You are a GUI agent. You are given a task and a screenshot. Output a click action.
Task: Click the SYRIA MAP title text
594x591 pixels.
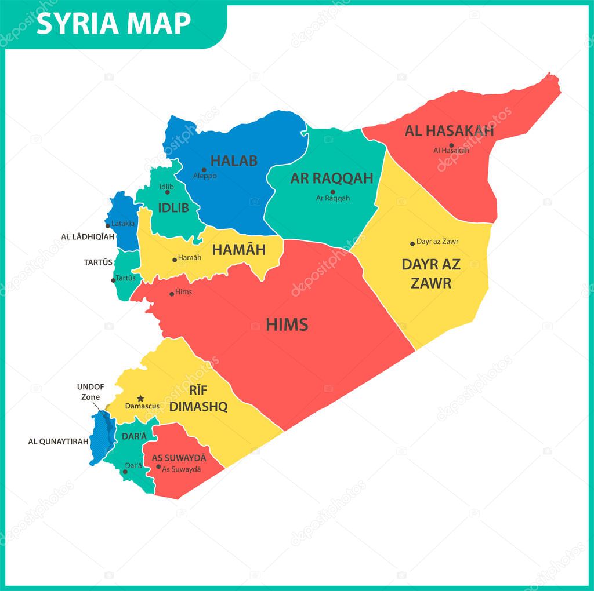tap(114, 23)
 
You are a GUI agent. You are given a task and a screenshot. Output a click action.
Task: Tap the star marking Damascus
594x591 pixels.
tap(140, 399)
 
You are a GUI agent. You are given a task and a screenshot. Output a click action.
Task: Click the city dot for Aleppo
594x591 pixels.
tap(204, 170)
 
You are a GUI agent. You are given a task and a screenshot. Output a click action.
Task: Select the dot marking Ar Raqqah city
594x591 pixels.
tap(333, 192)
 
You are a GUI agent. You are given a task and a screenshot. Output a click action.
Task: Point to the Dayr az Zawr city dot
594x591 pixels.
tap(412, 243)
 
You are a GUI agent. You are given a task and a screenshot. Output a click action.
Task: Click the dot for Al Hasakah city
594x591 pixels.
tap(451, 145)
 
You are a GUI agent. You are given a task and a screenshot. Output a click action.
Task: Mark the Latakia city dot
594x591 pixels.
tap(108, 225)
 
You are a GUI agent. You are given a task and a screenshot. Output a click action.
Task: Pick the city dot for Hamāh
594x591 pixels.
tap(174, 260)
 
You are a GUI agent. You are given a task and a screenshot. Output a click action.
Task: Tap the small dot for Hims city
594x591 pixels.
tap(171, 294)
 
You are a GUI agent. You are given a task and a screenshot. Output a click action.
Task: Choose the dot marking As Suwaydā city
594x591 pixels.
tap(158, 466)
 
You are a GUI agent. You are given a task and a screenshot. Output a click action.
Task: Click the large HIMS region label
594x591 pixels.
tap(287, 325)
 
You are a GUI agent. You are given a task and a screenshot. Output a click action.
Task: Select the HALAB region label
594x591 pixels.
tap(233, 160)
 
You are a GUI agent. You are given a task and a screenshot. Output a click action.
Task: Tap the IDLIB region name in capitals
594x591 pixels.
tap(173, 207)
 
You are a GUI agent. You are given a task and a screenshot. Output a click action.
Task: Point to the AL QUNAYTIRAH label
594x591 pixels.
tap(59, 442)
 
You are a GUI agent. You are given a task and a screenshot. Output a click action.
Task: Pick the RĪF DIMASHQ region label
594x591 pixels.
tap(198, 399)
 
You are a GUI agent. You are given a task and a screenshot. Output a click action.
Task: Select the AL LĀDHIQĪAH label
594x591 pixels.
tap(88, 237)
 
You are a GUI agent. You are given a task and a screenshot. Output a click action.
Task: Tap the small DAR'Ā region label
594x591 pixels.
tap(134, 436)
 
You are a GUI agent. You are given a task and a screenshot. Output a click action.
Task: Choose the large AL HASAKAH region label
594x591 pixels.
tap(449, 131)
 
